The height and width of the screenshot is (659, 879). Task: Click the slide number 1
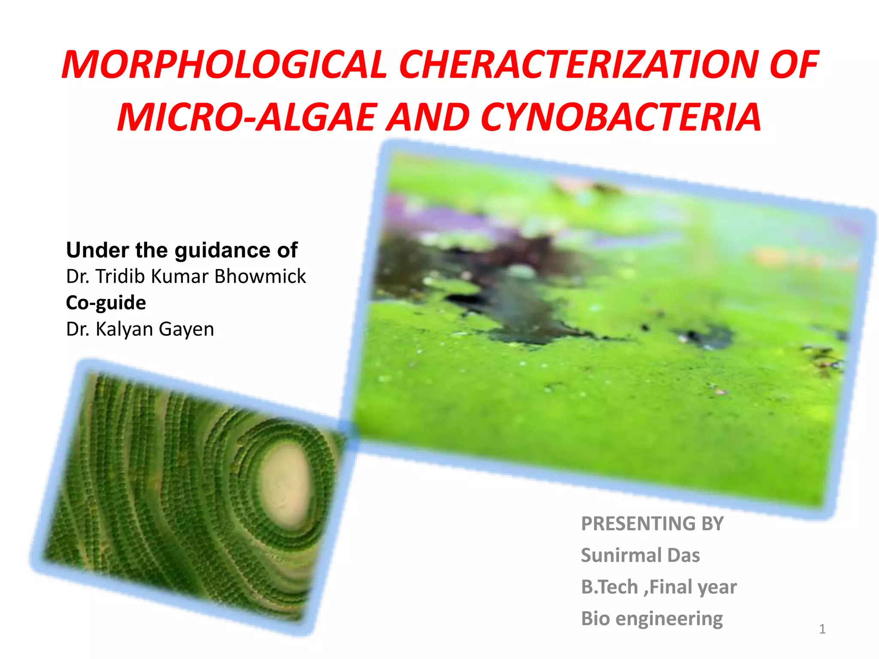click(822, 629)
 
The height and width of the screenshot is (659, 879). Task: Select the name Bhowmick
click(260, 276)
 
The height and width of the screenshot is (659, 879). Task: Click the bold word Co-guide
click(106, 303)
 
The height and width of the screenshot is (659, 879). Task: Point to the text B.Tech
click(609, 587)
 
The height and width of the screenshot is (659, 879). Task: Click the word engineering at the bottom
click(669, 619)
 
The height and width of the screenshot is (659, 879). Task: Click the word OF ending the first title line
click(794, 65)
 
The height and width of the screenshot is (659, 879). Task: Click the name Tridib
click(121, 276)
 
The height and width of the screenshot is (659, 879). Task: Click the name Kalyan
click(124, 329)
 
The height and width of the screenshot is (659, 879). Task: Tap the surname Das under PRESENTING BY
click(683, 555)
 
